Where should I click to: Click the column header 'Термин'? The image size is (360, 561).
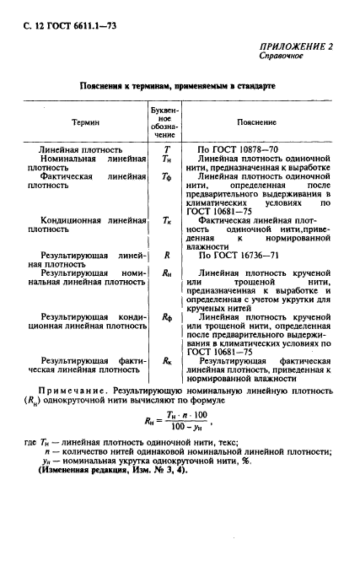(83, 121)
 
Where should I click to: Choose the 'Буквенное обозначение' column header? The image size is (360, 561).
(165, 121)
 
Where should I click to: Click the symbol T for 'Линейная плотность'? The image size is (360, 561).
(166, 148)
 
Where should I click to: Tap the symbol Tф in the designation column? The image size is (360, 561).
(166, 177)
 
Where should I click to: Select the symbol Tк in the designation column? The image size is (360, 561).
(166, 219)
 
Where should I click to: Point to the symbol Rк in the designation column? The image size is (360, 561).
(166, 359)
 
